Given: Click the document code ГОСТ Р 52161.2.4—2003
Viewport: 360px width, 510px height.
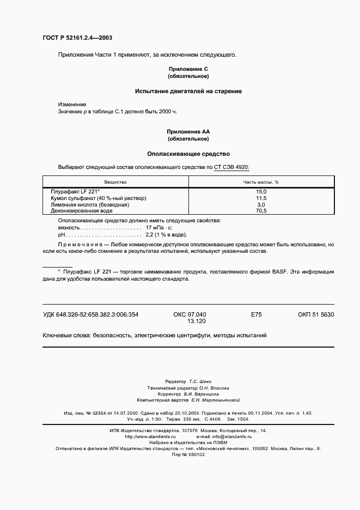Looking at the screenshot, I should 78,38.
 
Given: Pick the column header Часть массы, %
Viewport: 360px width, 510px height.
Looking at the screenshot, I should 261,182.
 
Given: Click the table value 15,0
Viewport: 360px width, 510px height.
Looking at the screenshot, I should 261,192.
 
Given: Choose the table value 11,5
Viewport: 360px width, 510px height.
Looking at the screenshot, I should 261,198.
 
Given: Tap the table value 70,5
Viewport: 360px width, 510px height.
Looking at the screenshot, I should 261,210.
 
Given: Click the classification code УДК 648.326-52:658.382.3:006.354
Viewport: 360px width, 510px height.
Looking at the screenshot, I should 90,314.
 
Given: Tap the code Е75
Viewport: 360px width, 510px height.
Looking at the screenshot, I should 256,314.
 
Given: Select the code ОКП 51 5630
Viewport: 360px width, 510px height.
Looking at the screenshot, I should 316,314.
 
